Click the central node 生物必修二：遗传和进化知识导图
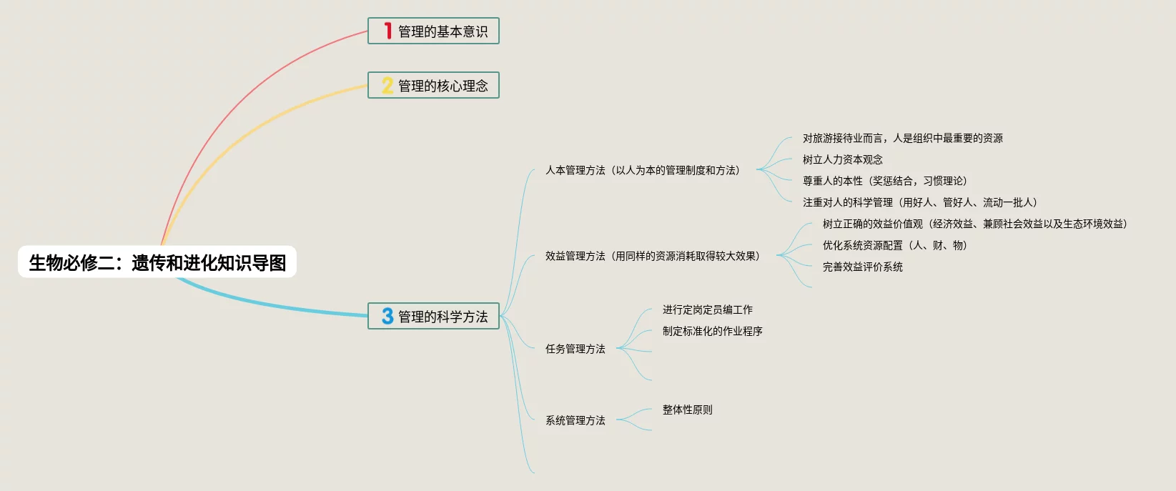click(157, 262)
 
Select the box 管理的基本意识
click(433, 31)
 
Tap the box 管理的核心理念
click(433, 86)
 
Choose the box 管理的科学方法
click(433, 316)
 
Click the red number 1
click(387, 31)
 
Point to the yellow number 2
click(387, 86)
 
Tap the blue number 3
click(387, 316)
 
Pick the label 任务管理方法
click(575, 349)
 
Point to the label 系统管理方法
click(575, 420)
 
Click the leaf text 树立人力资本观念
click(842, 159)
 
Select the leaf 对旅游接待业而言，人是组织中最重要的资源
click(902, 138)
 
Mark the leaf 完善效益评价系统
click(862, 267)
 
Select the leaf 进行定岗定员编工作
click(707, 309)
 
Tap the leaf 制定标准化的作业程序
click(712, 331)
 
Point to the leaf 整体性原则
click(687, 410)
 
